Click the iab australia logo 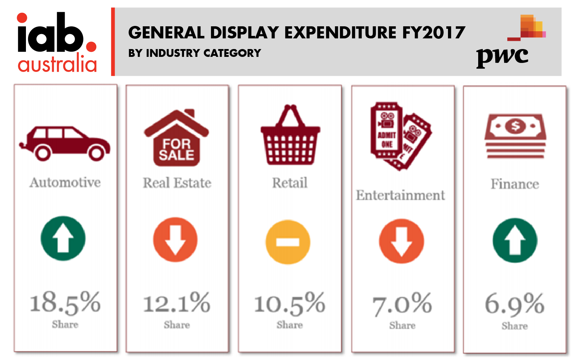(x=57, y=43)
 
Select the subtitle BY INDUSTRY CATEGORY (x=195, y=53)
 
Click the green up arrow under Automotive (x=63, y=238)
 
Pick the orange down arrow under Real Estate (x=175, y=240)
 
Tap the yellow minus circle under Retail (x=288, y=242)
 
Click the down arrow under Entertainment (x=401, y=241)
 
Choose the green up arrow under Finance (x=515, y=241)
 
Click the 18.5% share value (x=65, y=303)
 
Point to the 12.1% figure (x=177, y=303)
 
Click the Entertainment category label (x=400, y=195)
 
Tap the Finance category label (x=515, y=184)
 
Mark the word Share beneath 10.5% (x=290, y=325)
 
